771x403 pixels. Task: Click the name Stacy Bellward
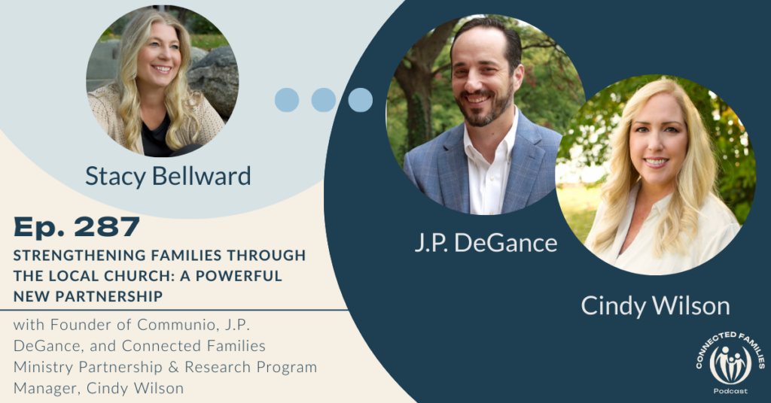168,177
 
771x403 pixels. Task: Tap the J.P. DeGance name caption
486,243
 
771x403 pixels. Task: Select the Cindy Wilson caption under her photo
655,306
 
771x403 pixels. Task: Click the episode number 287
107,227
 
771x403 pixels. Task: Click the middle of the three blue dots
324,100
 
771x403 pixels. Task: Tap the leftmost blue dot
287,100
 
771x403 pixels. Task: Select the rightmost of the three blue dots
361,100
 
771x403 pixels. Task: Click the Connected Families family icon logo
730,365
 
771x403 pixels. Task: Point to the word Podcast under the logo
730,391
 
